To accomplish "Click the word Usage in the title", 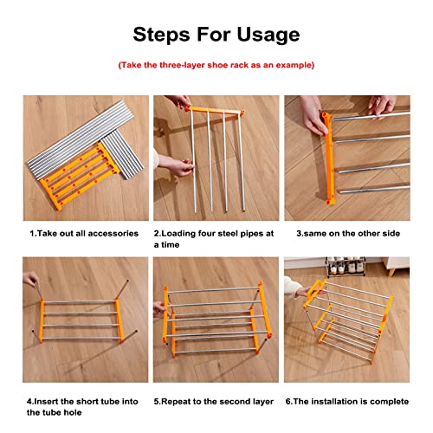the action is [x=268, y=35].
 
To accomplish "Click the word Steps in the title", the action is [x=162, y=35].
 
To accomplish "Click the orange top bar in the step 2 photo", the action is [x=215, y=111].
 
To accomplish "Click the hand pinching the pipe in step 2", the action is [x=175, y=165].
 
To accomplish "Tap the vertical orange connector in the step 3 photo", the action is [x=329, y=158].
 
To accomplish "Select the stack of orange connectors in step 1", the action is [x=80, y=176].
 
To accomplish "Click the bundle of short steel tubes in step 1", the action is [x=122, y=154].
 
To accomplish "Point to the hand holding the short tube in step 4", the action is [x=31, y=280].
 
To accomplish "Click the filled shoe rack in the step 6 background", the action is [x=346, y=267].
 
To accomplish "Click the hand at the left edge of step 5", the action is [x=159, y=310].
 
